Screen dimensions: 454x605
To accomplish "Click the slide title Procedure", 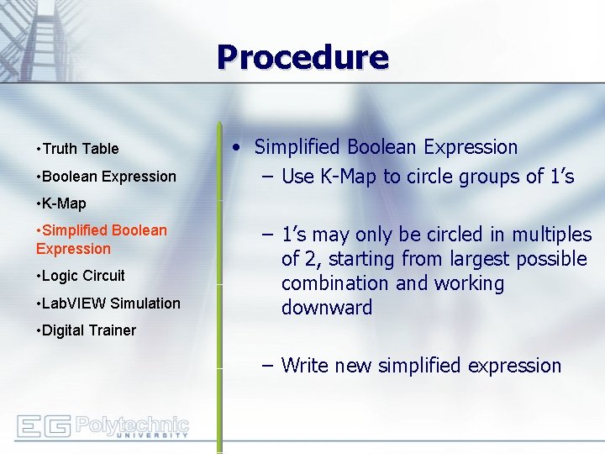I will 302,58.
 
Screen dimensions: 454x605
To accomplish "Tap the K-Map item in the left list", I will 63,203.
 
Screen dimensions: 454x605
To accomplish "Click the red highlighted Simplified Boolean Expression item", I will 101,239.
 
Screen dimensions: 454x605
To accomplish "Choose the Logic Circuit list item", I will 82,276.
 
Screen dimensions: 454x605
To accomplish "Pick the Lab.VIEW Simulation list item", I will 110,304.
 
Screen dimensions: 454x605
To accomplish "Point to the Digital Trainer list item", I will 87,330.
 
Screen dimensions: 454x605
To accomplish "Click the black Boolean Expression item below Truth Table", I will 108,177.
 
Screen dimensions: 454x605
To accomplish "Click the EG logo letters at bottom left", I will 43,427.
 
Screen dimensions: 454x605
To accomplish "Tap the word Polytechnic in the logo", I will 132,423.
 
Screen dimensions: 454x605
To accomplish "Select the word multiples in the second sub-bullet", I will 550,235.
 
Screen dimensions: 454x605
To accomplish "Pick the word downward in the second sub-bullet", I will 327,308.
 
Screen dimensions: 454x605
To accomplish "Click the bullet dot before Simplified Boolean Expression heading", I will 239,148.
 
